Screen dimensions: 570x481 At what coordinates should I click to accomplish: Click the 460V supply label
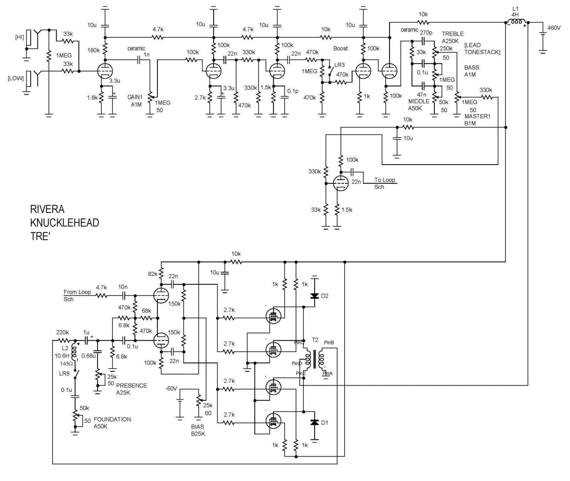(554, 28)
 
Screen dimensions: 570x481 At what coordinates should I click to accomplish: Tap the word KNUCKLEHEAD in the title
(65, 223)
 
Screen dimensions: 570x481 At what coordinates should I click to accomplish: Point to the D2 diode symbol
(315, 296)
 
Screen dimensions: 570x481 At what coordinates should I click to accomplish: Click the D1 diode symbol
(315, 422)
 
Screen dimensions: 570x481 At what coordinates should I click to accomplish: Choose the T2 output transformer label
(315, 340)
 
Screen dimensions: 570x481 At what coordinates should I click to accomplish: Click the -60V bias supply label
(171, 388)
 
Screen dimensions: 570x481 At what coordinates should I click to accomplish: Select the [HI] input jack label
(19, 37)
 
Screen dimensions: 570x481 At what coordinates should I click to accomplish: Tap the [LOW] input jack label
(16, 78)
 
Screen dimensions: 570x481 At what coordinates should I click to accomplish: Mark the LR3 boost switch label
(339, 65)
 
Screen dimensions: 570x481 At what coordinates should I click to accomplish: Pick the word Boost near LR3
(340, 49)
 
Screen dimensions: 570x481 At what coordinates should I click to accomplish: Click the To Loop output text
(385, 180)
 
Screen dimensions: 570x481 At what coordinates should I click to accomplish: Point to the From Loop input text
(77, 292)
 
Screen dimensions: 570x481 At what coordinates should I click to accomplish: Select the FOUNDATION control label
(112, 419)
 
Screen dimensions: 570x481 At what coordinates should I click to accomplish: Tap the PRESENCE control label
(131, 386)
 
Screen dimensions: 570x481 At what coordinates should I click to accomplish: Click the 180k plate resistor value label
(93, 50)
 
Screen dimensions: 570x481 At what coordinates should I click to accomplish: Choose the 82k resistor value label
(153, 274)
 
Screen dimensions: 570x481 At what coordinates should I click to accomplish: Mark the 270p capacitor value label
(426, 33)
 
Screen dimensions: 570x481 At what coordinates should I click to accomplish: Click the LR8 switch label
(65, 373)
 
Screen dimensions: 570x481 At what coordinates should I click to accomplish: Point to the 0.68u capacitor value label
(89, 356)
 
